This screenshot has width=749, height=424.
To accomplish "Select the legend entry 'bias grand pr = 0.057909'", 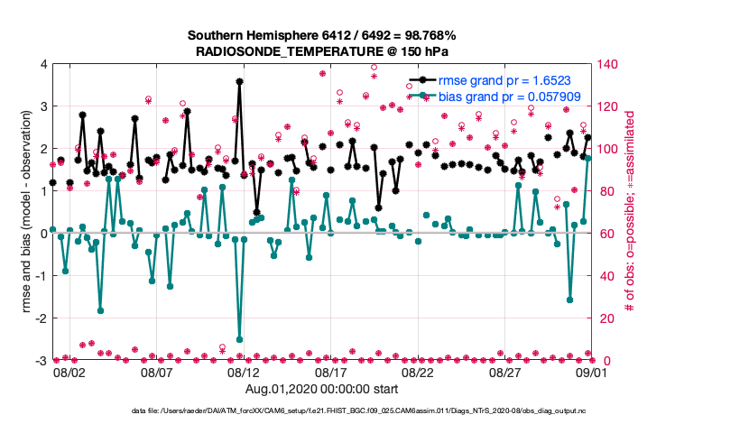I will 515,95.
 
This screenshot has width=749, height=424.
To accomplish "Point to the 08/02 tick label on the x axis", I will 69,372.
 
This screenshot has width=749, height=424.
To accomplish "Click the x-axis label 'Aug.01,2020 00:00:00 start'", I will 322,389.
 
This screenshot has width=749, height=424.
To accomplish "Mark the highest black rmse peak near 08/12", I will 239,81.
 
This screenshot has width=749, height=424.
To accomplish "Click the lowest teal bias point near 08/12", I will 239,339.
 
